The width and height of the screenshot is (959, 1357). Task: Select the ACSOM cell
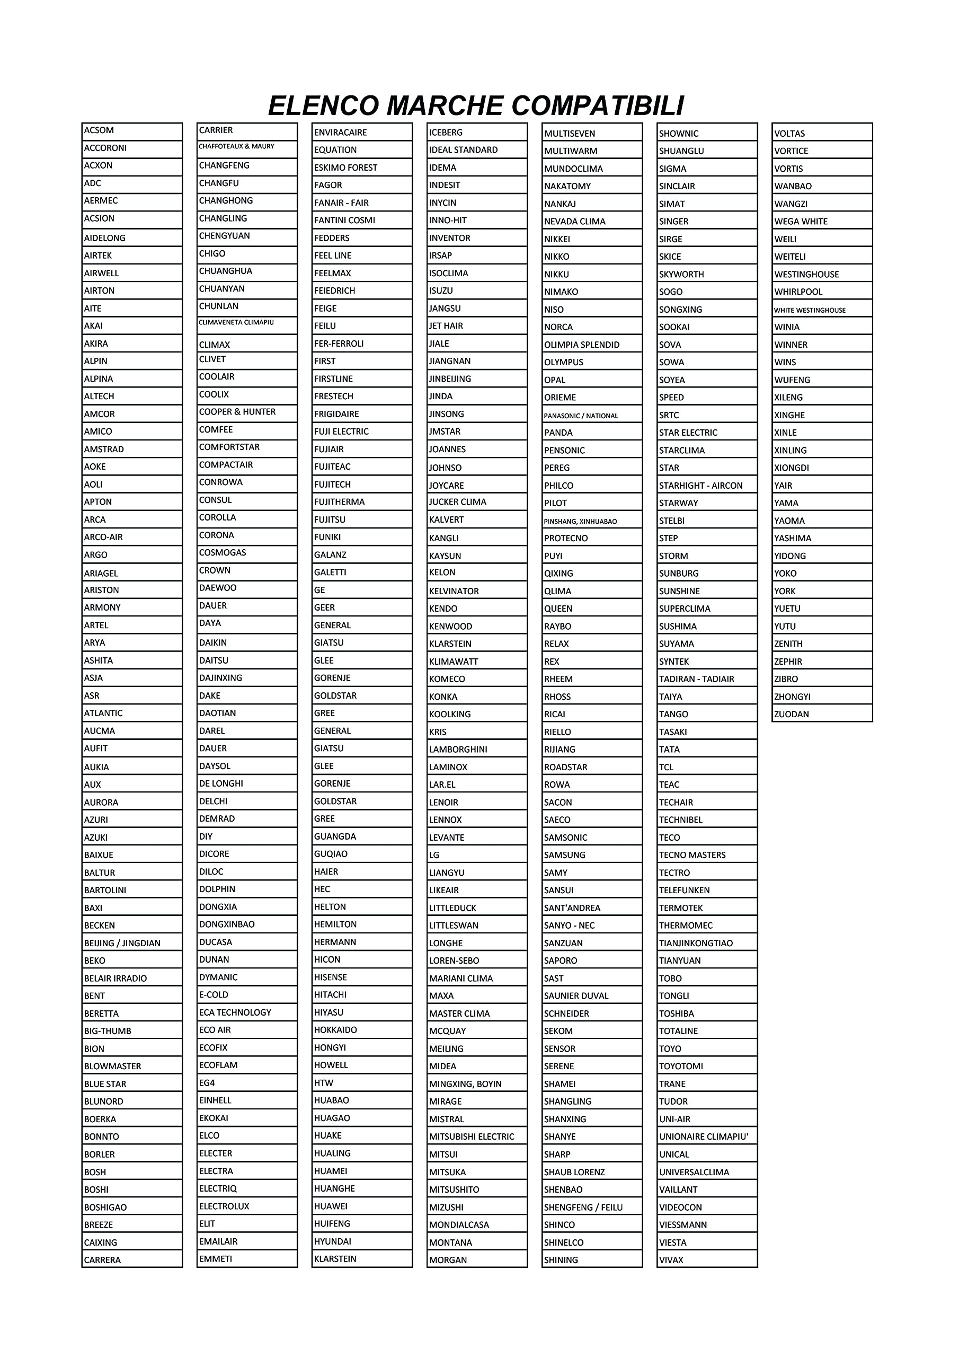point(132,130)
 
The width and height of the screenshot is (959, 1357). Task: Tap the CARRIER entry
point(247,130)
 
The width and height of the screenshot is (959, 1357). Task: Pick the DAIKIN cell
point(247,642)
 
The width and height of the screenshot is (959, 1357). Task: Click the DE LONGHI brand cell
point(247,783)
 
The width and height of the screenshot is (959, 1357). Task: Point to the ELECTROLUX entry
point(247,1206)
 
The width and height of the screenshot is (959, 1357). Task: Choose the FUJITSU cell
point(362,519)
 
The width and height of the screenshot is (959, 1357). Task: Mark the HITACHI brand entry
point(362,995)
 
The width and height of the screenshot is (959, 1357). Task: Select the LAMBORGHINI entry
point(477,750)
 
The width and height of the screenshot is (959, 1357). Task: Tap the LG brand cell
point(477,855)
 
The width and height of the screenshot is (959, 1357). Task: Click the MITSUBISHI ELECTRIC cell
point(477,1136)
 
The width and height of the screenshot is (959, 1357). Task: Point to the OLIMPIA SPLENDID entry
point(591,345)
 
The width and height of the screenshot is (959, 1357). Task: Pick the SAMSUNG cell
point(591,855)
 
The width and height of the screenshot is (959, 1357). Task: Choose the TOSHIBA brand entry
point(707,1014)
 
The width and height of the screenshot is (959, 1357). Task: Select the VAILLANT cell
point(707,1189)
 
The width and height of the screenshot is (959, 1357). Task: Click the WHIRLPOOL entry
point(822,292)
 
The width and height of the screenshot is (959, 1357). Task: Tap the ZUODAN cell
point(822,714)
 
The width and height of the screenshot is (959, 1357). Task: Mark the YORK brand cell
point(822,591)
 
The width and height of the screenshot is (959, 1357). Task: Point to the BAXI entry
point(132,908)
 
